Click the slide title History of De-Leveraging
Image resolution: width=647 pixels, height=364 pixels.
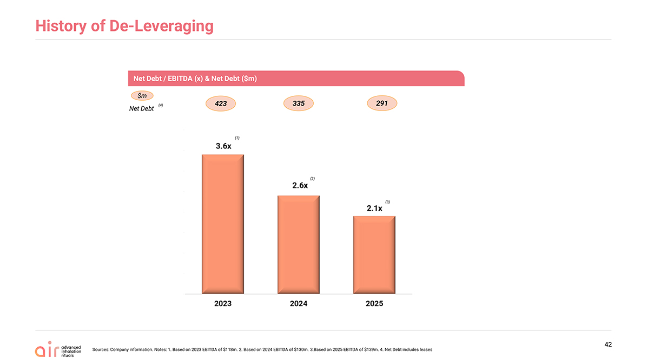124,26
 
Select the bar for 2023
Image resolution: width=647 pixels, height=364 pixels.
223,224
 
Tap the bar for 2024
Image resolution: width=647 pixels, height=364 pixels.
298,245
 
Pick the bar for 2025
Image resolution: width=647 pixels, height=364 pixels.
374,255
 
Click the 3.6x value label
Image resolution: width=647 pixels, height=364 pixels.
223,146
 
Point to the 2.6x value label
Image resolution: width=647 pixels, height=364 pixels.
300,185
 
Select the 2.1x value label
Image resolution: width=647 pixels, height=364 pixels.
374,209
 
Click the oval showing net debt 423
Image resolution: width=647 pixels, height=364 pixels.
221,103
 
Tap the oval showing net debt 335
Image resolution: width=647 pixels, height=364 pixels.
298,103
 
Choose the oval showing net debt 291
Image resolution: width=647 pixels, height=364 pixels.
382,103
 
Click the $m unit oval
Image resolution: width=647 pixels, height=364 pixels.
142,96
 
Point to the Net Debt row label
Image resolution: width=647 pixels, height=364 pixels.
142,109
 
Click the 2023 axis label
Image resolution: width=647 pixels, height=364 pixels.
223,304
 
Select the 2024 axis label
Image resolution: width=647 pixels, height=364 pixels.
298,304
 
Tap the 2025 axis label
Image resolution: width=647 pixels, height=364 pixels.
374,304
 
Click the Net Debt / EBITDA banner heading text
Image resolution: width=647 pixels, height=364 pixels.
195,79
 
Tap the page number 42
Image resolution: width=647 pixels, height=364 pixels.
608,344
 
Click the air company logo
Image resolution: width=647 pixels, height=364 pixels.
58,349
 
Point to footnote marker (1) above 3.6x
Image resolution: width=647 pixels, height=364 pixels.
237,138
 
